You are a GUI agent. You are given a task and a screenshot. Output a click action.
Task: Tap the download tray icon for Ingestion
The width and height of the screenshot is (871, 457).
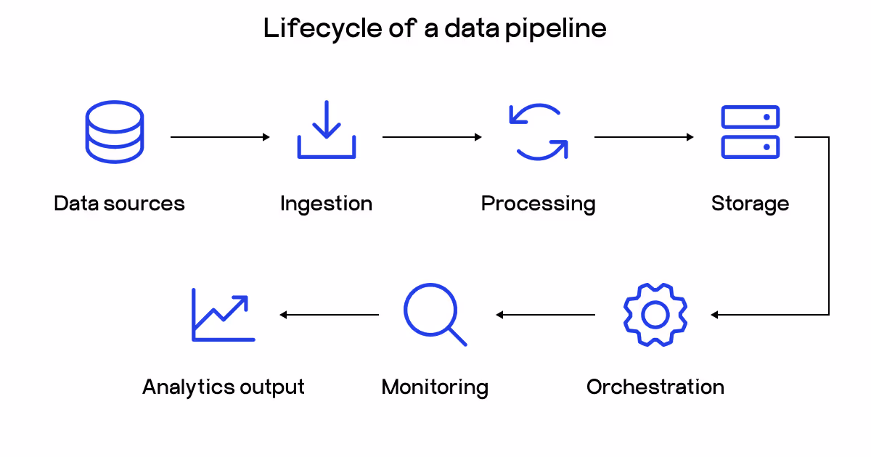(x=326, y=131)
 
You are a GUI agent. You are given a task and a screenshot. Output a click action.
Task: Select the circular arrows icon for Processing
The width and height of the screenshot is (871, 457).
(x=538, y=131)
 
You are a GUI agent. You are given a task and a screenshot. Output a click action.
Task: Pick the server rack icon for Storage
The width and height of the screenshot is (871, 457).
(x=750, y=131)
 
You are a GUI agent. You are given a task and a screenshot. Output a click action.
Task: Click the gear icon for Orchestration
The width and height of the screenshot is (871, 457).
(x=655, y=315)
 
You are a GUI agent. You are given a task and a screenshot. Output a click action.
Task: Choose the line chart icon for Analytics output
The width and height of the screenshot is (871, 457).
(x=222, y=315)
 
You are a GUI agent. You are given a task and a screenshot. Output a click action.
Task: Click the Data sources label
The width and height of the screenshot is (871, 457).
(x=119, y=204)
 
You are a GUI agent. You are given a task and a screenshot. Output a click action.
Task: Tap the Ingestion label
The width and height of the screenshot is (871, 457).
(x=326, y=204)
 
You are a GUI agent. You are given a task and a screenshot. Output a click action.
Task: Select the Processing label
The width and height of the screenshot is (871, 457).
(x=538, y=204)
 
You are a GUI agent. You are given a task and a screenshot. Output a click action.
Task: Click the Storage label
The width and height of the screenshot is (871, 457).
(x=750, y=204)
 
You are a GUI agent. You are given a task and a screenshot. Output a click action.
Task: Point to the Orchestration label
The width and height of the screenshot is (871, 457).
(x=655, y=387)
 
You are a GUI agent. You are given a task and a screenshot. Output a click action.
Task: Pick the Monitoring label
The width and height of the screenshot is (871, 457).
(x=434, y=387)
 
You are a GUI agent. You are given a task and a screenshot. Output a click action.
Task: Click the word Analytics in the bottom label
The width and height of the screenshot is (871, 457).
(x=181, y=387)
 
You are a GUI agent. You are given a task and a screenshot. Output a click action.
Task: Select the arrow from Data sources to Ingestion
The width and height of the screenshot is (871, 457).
(x=220, y=136)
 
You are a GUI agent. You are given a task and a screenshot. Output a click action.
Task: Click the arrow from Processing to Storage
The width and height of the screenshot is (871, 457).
(x=644, y=136)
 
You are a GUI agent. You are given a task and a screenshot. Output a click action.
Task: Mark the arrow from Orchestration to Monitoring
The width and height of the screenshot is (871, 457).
(x=546, y=315)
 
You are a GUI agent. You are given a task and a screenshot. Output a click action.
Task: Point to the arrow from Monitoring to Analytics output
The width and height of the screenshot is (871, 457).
(x=330, y=315)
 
